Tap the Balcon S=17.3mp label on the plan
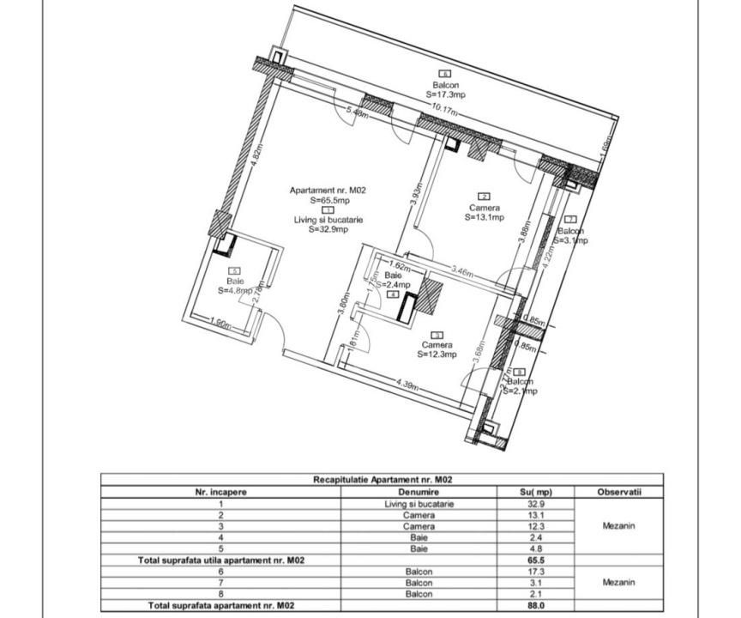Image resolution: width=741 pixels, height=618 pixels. coord(445,89)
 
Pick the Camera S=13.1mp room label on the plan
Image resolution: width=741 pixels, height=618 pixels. coord(484,212)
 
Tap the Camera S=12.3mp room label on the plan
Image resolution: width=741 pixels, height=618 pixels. coord(437,348)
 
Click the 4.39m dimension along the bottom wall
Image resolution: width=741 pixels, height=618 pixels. coord(408,383)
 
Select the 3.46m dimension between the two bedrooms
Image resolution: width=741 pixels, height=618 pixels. coord(463,272)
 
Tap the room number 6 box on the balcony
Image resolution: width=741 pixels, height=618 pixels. coord(444,74)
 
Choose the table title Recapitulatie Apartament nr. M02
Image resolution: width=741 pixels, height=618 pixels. coord(383,481)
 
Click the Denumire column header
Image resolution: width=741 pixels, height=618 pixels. coord(419,493)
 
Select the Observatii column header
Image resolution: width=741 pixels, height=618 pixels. coord(618,493)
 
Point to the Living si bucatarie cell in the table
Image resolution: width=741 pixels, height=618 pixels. coord(419,505)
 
